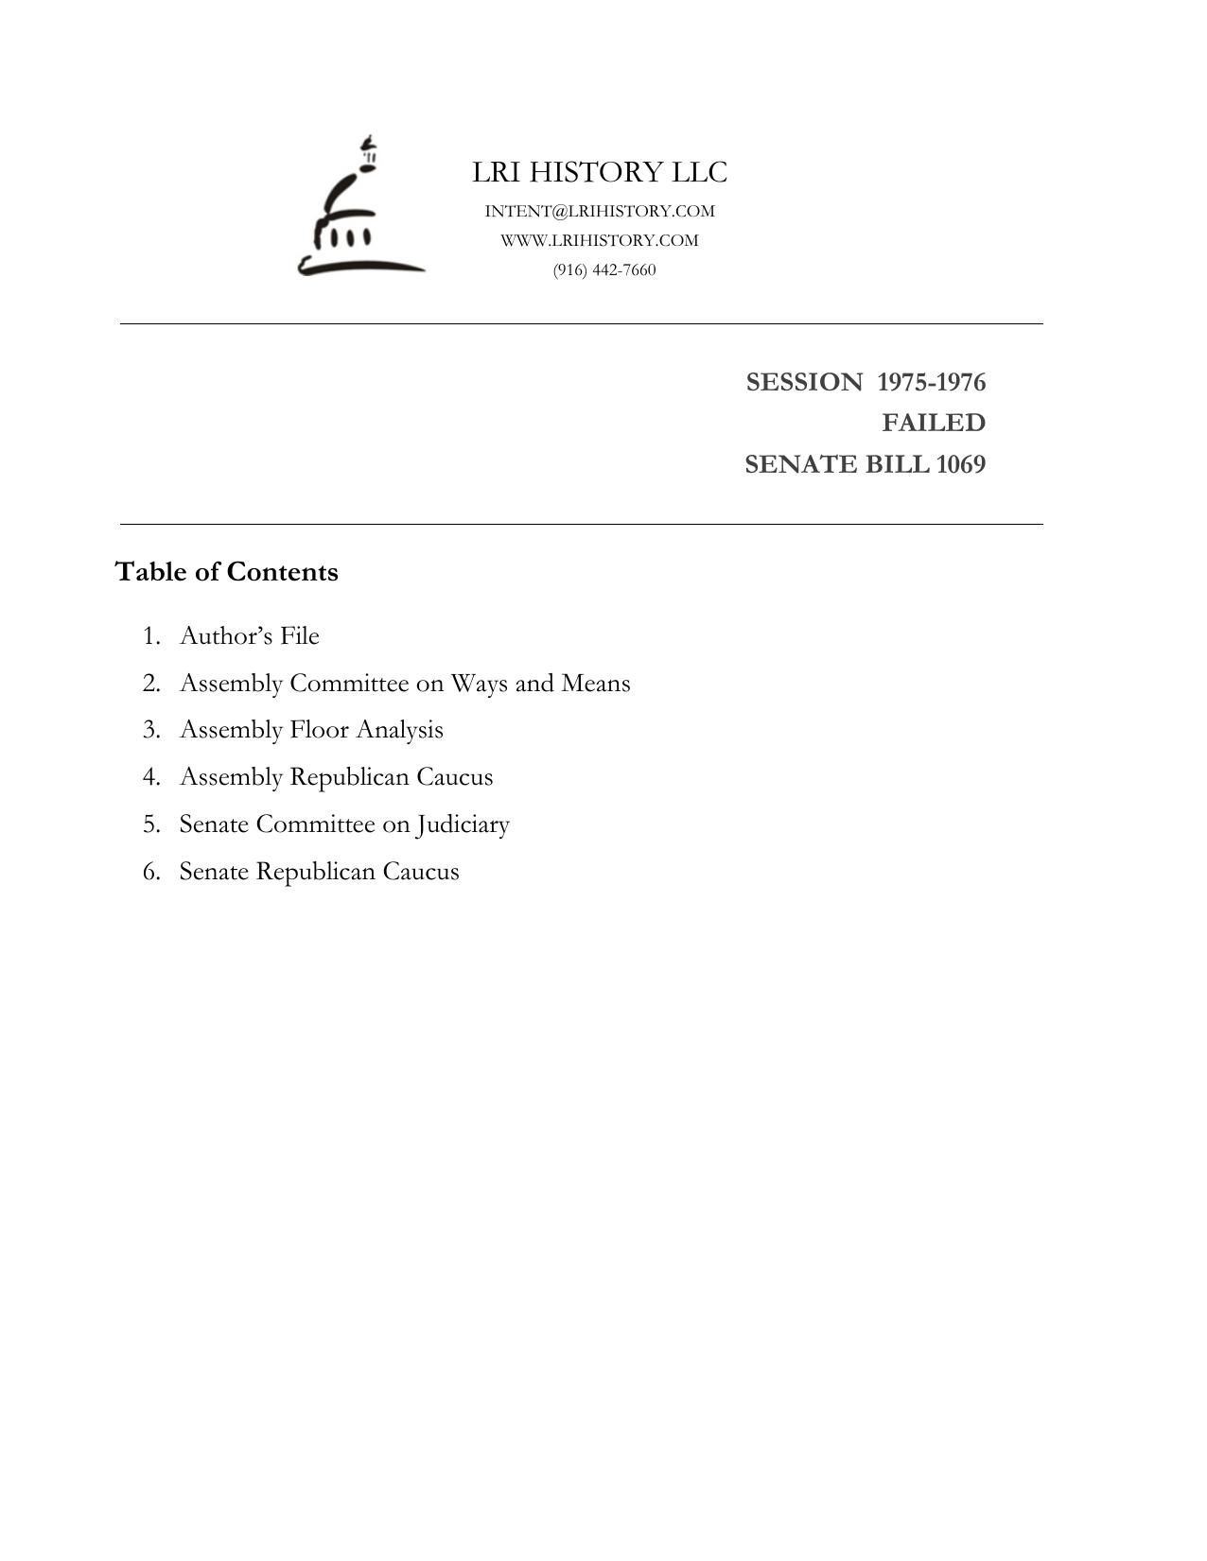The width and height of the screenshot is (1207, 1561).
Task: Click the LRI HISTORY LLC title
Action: pyautogui.click(x=600, y=172)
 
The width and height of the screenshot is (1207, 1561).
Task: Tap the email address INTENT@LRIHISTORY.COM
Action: pyautogui.click(x=600, y=211)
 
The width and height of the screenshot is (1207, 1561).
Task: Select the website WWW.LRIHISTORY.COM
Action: pyautogui.click(x=600, y=240)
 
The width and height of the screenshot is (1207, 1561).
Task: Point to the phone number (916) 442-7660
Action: pyautogui.click(x=604, y=269)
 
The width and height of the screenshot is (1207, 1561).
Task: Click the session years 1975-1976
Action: pyautogui.click(x=931, y=382)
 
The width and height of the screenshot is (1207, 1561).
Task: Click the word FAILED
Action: pyautogui.click(x=934, y=423)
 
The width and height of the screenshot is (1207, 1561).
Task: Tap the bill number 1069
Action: pyautogui.click(x=960, y=464)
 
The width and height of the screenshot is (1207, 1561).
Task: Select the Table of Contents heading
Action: pyautogui.click(x=226, y=572)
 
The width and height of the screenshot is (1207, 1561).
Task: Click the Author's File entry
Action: pyautogui.click(x=250, y=635)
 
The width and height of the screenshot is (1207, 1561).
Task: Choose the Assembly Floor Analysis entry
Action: pyautogui.click(x=311, y=730)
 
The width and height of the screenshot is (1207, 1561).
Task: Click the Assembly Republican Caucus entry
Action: pyautogui.click(x=336, y=777)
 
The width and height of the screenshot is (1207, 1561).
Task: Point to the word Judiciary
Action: pyautogui.click(x=463, y=824)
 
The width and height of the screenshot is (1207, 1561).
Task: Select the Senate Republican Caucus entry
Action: pyautogui.click(x=319, y=872)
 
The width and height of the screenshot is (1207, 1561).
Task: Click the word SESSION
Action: pyautogui.click(x=804, y=382)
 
